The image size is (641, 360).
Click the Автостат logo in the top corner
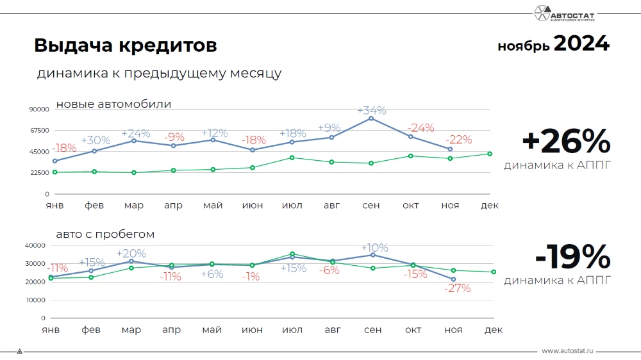coord(572,13)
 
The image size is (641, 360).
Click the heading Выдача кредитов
coord(125,46)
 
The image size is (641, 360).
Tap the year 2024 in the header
coord(581,44)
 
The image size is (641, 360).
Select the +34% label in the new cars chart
coord(371,110)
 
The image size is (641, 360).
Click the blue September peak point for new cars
coord(371,119)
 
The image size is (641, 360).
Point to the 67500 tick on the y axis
coord(39,131)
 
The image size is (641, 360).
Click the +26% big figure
coord(565,142)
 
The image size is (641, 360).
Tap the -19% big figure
coord(572,258)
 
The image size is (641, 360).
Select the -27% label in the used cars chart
coord(457,288)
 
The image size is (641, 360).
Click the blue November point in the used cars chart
coord(453,279)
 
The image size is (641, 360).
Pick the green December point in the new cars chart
coord(490,154)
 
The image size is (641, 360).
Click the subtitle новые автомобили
coord(113,104)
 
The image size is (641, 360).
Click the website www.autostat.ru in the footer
coord(568,351)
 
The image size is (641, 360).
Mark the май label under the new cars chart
coord(213,206)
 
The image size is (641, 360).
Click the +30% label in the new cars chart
coord(96,140)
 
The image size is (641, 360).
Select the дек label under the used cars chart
coord(493,330)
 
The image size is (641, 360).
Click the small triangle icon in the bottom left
coord(19,351)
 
